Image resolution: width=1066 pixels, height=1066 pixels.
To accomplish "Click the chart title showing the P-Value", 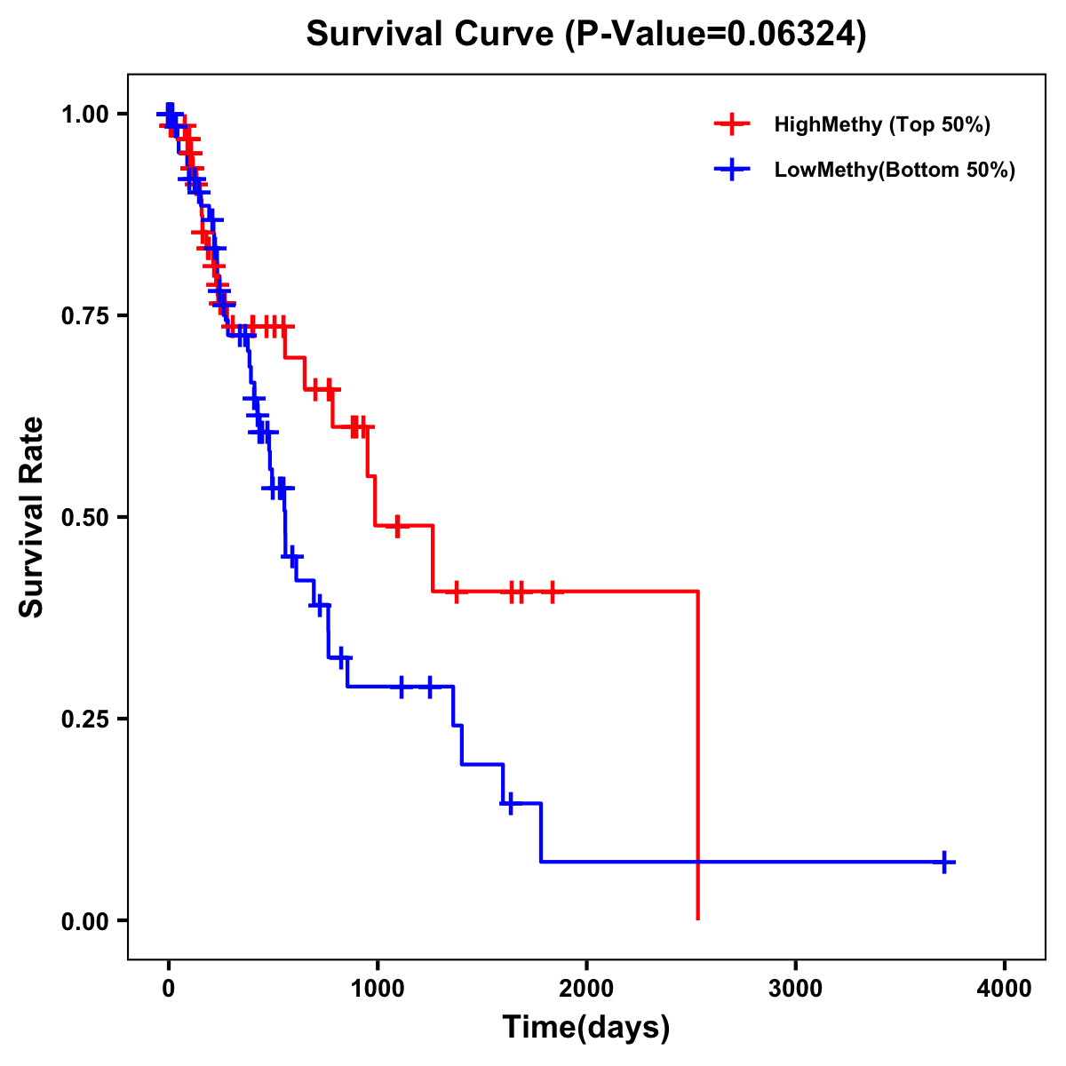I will [586, 35].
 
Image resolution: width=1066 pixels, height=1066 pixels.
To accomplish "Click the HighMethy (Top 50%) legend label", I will [882, 124].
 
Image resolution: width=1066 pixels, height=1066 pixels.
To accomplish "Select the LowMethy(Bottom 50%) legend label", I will [895, 170].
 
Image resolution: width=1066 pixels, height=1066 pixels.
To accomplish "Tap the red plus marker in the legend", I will [732, 124].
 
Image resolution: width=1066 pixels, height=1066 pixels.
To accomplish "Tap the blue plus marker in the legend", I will [732, 170].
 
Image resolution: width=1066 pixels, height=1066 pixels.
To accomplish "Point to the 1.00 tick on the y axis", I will [85, 114].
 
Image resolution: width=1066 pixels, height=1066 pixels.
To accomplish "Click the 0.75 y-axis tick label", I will [85, 315].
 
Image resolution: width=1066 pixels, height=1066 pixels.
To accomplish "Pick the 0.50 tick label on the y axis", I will [85, 517].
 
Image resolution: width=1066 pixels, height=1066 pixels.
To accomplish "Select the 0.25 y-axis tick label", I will [85, 719].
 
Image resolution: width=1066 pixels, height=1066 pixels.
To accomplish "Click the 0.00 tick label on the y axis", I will [85, 920].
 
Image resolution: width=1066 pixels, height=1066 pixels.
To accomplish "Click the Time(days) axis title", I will [586, 1028].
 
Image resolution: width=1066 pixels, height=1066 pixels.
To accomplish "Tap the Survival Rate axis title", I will [32, 517].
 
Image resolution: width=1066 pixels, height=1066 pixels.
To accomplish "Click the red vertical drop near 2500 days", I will [698, 755].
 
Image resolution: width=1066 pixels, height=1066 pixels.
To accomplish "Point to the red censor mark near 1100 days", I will [397, 525].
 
